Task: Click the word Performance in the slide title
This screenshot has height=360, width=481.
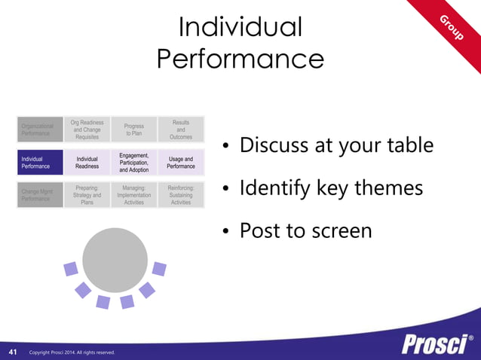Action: tap(240, 59)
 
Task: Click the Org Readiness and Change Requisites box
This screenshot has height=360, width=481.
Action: tap(87, 130)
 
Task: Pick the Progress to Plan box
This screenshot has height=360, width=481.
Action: tap(133, 130)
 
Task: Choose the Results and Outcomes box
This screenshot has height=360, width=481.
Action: tap(181, 130)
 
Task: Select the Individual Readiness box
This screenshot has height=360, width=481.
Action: tap(87, 163)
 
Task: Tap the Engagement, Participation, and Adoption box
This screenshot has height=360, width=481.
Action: tap(133, 163)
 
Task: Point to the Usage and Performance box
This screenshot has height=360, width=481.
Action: tap(181, 163)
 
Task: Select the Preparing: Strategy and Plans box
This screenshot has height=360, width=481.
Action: tap(87, 194)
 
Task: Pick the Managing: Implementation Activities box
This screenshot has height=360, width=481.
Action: tap(133, 194)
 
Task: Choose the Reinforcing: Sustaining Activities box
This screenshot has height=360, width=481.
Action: tap(181, 194)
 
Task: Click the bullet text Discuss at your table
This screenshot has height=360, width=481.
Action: tap(335, 145)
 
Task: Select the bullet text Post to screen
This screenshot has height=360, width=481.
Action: tap(305, 230)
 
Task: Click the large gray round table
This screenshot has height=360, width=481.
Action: tap(115, 259)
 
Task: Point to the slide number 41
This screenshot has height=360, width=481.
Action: tap(13, 352)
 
